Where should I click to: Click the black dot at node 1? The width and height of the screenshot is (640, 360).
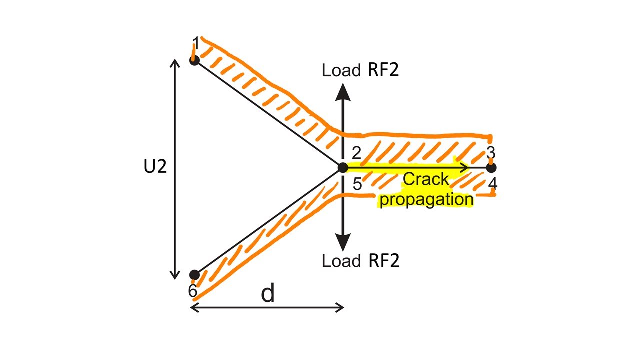point(194,60)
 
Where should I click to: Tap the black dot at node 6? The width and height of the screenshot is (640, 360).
point(194,275)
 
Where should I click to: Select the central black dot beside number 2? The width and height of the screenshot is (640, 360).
point(342,168)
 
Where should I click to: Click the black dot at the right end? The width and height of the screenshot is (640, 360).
point(491,168)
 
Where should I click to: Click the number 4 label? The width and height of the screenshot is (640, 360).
point(493,184)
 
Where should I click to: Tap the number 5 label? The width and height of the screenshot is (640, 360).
point(357,184)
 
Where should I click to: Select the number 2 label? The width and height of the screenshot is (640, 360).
point(356,153)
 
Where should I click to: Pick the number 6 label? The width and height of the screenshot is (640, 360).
point(192,291)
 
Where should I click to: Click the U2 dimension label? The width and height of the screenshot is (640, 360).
point(155,167)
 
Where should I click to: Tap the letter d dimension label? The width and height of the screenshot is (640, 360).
point(268,294)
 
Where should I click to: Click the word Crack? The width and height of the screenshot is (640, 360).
point(426,179)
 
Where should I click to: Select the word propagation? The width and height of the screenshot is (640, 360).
point(426,199)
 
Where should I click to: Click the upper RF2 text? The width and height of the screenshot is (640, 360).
point(383,70)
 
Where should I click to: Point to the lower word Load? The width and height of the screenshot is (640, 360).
point(341,261)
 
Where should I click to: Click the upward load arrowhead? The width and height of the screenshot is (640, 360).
point(343,92)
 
